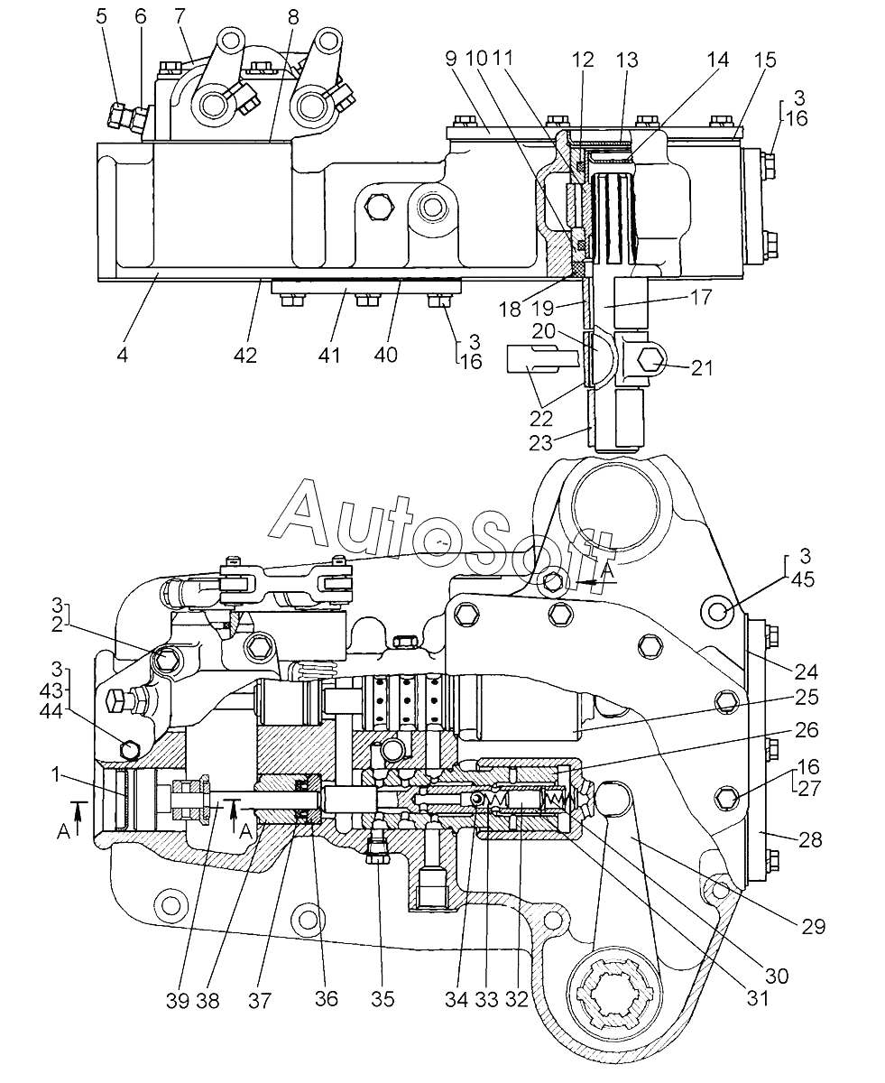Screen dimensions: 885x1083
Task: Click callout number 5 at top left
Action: pyautogui.click(x=102, y=16)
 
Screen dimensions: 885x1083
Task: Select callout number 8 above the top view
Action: pyautogui.click(x=293, y=17)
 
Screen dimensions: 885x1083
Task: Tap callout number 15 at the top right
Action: pyautogui.click(x=765, y=60)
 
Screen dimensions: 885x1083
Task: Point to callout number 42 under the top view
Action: pyautogui.click(x=244, y=355)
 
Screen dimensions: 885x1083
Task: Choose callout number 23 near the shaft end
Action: pyautogui.click(x=540, y=442)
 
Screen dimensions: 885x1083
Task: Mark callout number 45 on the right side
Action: pyautogui.click(x=803, y=579)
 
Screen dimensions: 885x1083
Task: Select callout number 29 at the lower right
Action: pyautogui.click(x=813, y=926)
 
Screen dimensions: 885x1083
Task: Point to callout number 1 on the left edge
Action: pyautogui.click(x=57, y=774)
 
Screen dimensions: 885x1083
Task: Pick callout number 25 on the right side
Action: pyautogui.click(x=807, y=698)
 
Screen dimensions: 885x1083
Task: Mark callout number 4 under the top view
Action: pyautogui.click(x=122, y=355)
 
